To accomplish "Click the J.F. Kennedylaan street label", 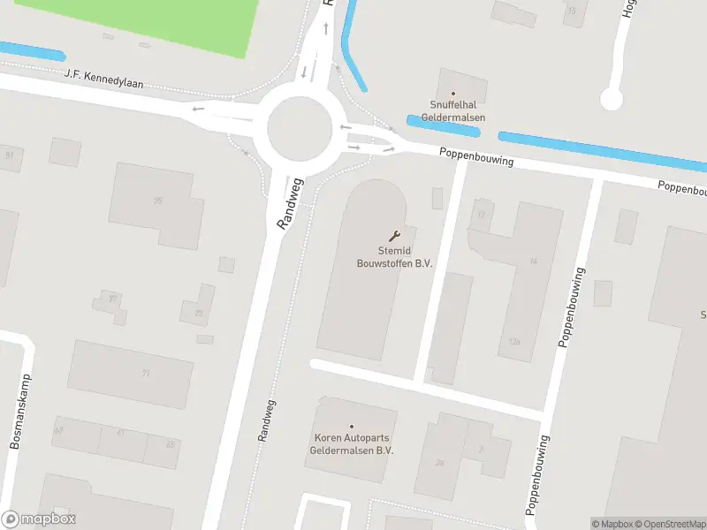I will tap(104, 79).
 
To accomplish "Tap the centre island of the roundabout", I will tap(300, 129).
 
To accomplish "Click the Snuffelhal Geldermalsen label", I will tap(452, 111).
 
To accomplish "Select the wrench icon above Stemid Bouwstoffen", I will tap(394, 235).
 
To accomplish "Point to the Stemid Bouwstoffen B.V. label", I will tap(394, 256).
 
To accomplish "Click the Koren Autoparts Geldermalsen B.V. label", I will tap(351, 443).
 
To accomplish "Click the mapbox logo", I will tap(39, 519).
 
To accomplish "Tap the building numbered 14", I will tap(532, 261).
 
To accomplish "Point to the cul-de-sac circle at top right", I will tap(612, 98).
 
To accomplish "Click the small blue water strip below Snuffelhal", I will tap(443, 125).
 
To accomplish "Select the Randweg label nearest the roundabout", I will tap(290, 204).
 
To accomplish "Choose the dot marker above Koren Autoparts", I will tap(351, 426).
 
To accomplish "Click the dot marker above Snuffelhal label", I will tap(452, 94).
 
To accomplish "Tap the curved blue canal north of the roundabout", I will tap(350, 49).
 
